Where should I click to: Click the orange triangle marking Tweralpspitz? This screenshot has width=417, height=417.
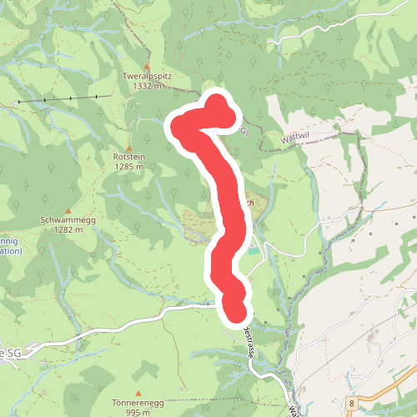pyautogui.click(x=147, y=66)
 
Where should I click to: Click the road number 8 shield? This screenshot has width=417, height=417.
pyautogui.click(x=353, y=403)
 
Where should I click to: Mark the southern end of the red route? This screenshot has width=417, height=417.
pyautogui.click(x=236, y=312)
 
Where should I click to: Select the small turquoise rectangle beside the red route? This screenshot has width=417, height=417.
pyautogui.click(x=254, y=249)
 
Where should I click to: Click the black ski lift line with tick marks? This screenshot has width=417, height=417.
pyautogui.click(x=63, y=99)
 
